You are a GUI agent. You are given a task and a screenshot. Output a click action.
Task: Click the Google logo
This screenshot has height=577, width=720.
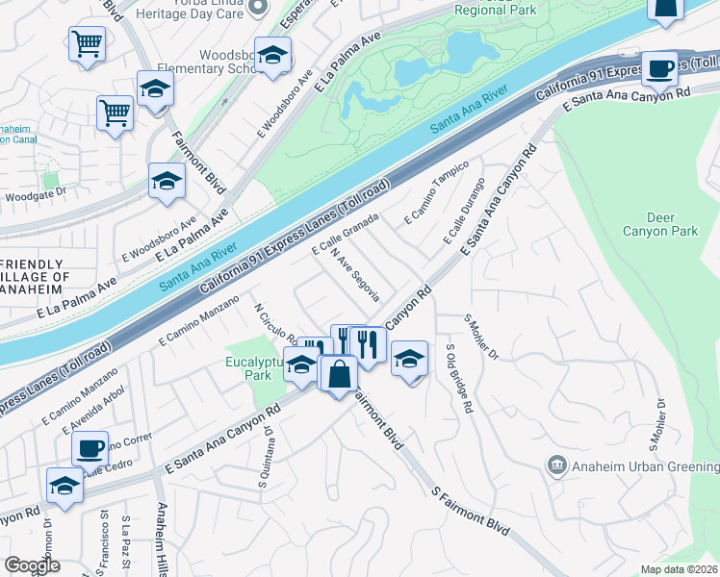[32, 565]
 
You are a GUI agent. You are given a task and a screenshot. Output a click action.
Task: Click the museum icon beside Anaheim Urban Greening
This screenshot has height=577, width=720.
[557, 466]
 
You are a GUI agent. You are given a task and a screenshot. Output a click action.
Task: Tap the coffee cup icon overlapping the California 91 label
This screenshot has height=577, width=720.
[659, 68]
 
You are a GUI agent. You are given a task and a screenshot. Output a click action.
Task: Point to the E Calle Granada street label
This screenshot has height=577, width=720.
[345, 236]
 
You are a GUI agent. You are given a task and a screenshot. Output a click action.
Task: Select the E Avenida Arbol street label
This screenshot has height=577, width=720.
[83, 407]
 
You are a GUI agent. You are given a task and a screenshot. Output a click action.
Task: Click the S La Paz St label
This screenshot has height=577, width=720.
[126, 544]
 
